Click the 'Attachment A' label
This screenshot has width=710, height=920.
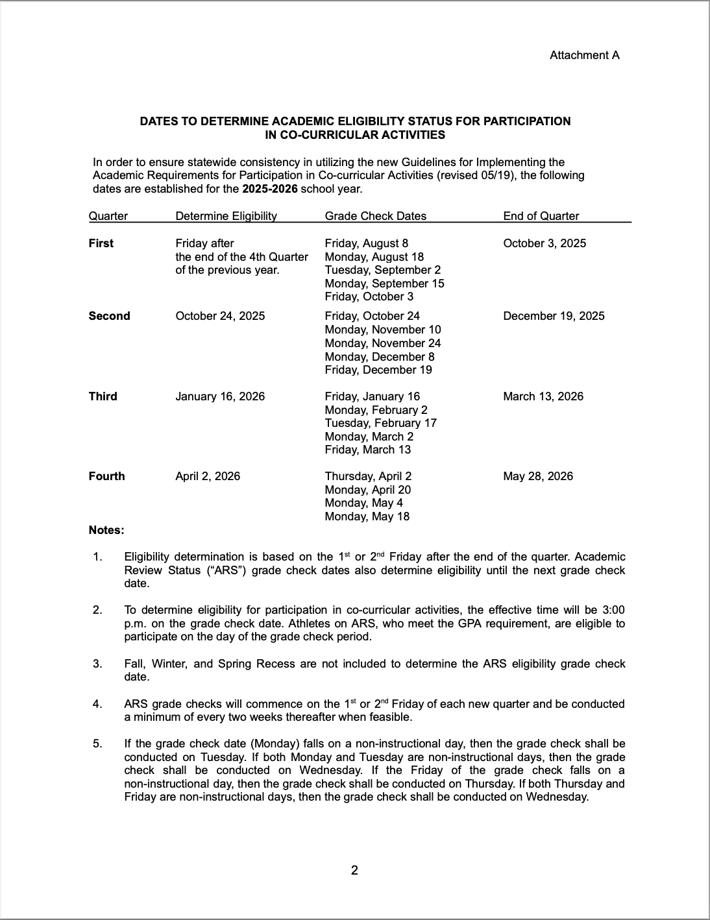click(584, 55)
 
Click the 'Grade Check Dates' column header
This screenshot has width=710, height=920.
click(375, 216)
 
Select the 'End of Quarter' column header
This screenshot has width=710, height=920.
click(541, 216)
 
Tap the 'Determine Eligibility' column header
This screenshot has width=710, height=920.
click(226, 216)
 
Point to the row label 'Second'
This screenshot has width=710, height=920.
click(109, 316)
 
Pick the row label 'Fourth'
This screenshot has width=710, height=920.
click(106, 476)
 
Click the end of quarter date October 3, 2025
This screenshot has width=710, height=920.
click(544, 243)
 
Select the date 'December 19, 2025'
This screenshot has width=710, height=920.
click(554, 316)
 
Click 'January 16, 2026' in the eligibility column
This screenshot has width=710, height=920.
click(220, 396)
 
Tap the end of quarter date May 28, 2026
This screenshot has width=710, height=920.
click(538, 476)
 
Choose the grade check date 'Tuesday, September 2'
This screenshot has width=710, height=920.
click(382, 270)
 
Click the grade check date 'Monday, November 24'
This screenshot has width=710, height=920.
click(382, 343)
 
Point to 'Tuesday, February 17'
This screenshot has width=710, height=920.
click(380, 423)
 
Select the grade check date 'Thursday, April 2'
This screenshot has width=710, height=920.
click(368, 476)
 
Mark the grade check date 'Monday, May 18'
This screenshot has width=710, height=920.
click(367, 516)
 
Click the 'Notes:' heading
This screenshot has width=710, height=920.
click(106, 530)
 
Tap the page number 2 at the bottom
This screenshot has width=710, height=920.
click(354, 870)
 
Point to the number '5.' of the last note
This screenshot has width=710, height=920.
click(97, 744)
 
